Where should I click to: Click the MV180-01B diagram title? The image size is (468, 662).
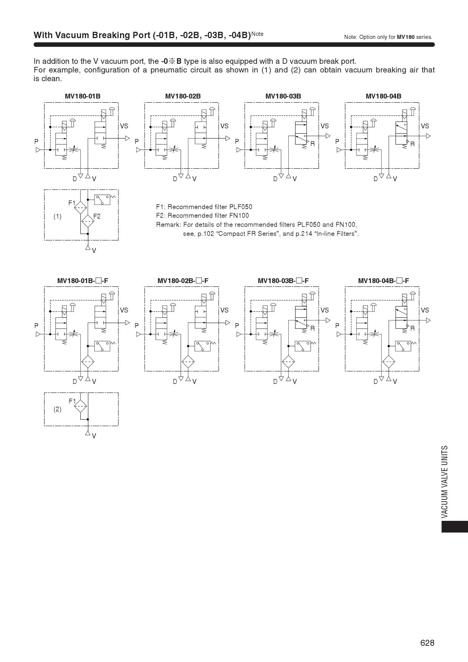tap(82, 96)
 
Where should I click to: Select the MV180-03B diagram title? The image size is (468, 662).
tap(283, 96)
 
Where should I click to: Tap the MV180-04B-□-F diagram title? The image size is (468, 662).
tap(383, 280)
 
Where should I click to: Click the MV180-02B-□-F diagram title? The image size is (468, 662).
tap(183, 280)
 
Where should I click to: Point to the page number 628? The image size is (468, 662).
tap(427, 643)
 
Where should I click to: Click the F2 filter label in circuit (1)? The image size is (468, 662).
tap(97, 216)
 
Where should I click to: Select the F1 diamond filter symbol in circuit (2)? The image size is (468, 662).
tap(80, 406)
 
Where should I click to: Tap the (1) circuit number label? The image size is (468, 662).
tap(57, 217)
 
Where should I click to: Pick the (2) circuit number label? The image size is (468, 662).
tap(57, 409)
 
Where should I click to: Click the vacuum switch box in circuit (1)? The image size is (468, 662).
tap(102, 200)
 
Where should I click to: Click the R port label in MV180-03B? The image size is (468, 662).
tap(313, 144)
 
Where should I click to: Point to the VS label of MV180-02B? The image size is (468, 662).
tap(224, 126)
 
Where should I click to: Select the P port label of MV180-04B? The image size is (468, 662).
tap(337, 142)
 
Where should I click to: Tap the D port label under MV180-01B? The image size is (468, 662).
tap(75, 179)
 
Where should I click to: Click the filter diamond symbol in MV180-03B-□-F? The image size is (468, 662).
tap(288, 362)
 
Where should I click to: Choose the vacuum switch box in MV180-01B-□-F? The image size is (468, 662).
tap(102, 346)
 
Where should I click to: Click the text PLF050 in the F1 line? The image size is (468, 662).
tap(240, 207)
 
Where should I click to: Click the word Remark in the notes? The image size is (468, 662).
tap(168, 225)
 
